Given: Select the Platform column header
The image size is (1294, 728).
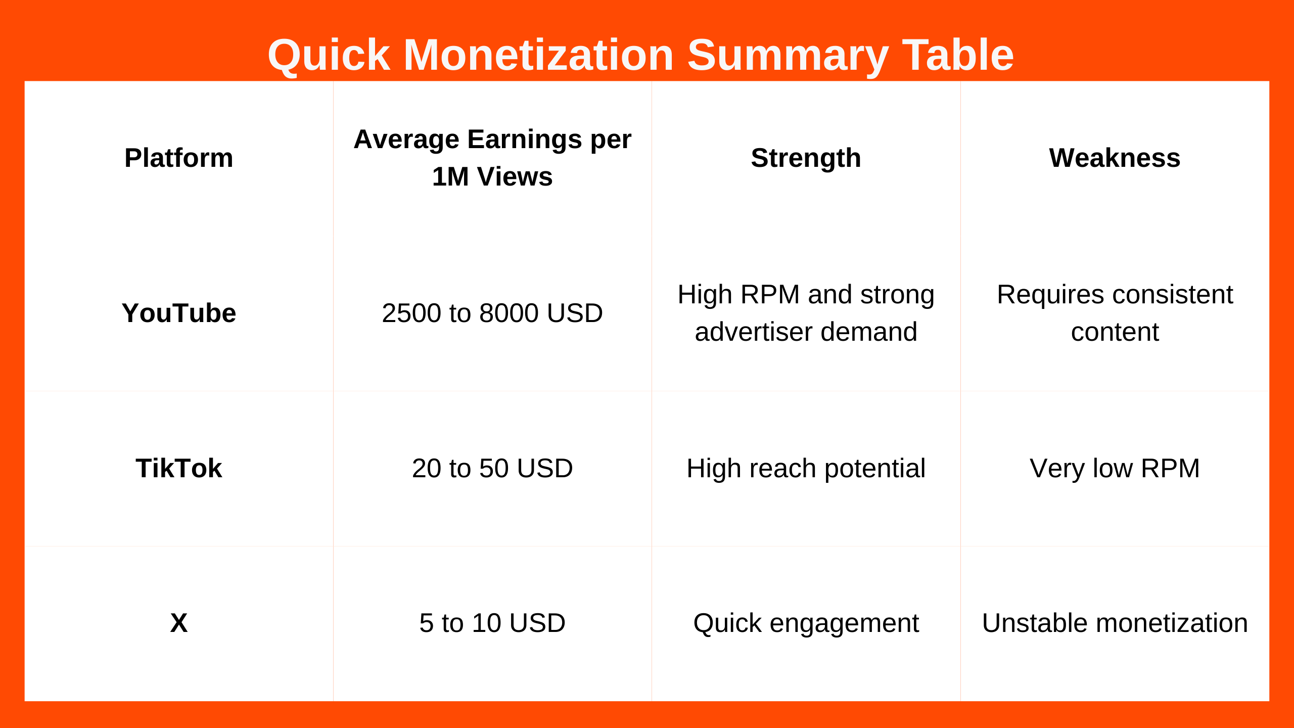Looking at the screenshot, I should coord(179,158).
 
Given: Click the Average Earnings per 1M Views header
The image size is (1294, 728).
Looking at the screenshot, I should coord(492,158).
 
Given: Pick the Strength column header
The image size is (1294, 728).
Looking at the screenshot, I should coord(806,158).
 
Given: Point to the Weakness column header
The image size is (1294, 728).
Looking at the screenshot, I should coord(1115,158).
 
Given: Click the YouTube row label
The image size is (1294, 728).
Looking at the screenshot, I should coord(179,313).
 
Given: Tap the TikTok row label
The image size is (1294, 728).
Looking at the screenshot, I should coord(179,468).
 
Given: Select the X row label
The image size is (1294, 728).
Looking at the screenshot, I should coord(179,623).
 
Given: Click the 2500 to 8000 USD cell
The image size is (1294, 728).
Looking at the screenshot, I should coord(492,313).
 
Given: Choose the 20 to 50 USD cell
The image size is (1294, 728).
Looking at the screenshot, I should coord(492,468).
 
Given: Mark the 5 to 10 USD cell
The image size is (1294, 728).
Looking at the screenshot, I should coord(492,623).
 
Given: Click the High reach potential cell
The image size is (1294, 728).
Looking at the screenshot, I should coord(806,468).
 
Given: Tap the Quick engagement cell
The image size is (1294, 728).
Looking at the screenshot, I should coord(806,623).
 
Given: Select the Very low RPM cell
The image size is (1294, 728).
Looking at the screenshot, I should coord(1115,468).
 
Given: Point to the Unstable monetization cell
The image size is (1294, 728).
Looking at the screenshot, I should coord(1115,623).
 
